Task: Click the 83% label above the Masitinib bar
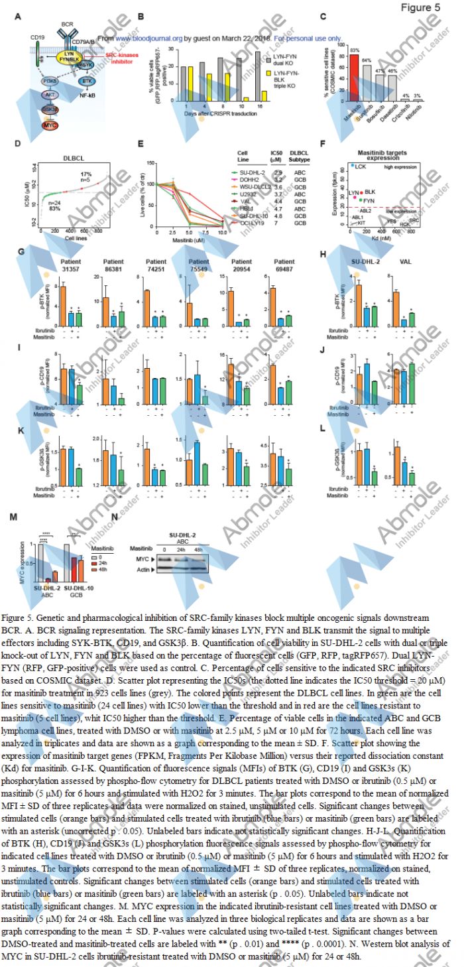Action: (354, 50)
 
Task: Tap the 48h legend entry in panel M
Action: (95, 566)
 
